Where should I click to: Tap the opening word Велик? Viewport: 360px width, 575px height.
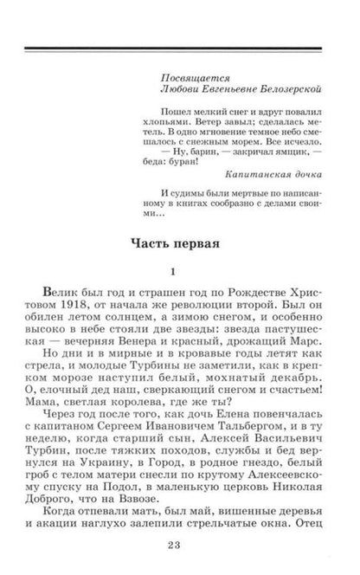[x=72, y=297]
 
